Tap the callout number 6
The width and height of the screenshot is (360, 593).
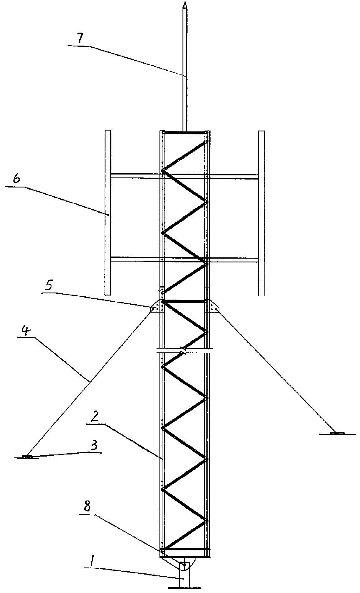click(16, 179)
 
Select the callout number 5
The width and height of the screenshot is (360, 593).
click(49, 286)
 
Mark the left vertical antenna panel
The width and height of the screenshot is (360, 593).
click(108, 212)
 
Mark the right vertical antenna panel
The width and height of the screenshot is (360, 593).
click(262, 213)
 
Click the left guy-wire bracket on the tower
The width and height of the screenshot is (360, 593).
click(157, 307)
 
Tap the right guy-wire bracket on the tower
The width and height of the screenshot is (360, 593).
click(212, 307)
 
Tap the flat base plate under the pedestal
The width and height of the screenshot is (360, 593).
click(184, 588)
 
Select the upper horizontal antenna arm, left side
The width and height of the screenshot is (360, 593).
click(136, 176)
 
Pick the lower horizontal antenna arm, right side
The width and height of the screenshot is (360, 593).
click(234, 260)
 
